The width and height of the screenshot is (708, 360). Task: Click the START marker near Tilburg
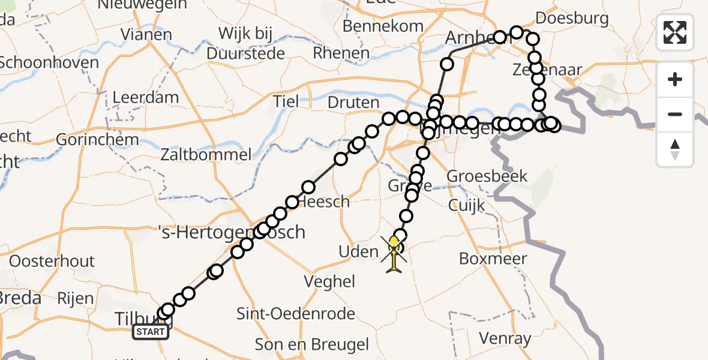(150, 332)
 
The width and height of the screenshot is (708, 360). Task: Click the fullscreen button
(675, 32)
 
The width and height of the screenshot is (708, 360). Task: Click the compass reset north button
(675, 149)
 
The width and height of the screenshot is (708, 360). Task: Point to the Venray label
(505, 338)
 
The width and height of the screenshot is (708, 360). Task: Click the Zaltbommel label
(206, 155)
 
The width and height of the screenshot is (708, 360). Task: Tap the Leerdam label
(146, 97)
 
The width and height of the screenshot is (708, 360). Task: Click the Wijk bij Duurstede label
(245, 43)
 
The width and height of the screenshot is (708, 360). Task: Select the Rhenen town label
(341, 53)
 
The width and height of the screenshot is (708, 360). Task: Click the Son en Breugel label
(312, 344)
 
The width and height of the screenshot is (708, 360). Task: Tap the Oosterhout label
(52, 262)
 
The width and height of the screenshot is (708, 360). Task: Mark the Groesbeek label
(487, 176)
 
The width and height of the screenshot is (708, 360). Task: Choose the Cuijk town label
(466, 206)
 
